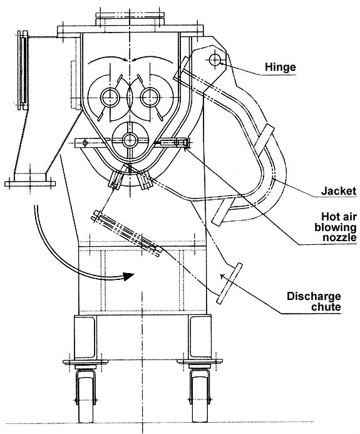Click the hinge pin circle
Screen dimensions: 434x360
215,59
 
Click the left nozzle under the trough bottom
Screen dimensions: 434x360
115,182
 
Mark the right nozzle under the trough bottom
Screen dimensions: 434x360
147,182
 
